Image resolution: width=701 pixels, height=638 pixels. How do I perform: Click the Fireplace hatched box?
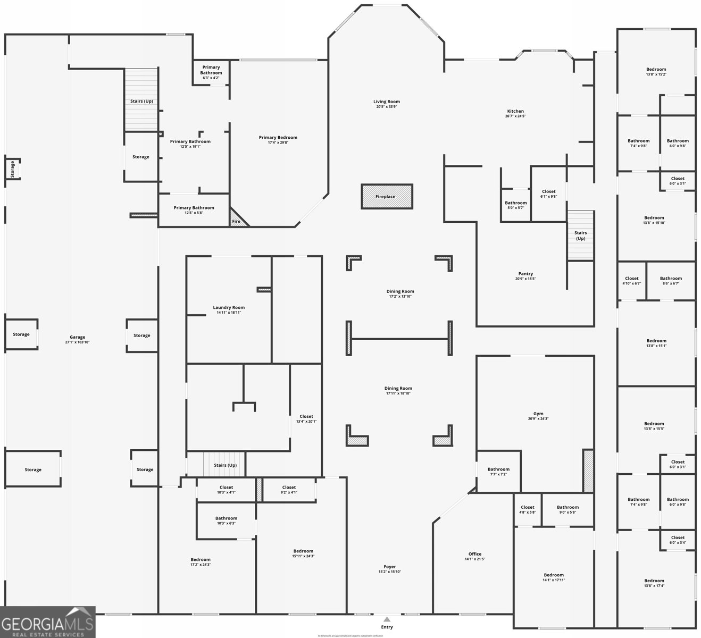coord(387,196)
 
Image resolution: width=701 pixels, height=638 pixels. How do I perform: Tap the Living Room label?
coord(387,102)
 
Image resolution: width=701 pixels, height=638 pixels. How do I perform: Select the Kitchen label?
coord(515,111)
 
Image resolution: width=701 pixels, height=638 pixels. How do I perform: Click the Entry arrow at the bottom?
coord(387,619)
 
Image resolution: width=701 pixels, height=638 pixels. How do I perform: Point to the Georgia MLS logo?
coord(48,622)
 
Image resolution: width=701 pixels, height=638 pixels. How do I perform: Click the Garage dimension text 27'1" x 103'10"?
coord(77,342)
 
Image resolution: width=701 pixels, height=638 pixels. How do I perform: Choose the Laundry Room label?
coord(229,307)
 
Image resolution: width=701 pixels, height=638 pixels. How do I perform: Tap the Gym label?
coord(538,414)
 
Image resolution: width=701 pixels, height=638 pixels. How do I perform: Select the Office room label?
coord(474,554)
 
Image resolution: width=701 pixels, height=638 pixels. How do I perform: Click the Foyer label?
coord(389,567)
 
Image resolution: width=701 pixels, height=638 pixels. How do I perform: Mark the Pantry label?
coord(525,274)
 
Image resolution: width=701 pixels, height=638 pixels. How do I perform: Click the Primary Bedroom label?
coord(278,138)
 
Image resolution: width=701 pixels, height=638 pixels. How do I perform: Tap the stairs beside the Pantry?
coord(580,236)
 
